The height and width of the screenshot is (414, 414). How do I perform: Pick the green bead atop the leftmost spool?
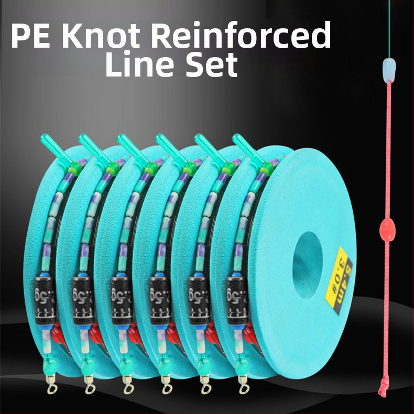(x=72, y=167)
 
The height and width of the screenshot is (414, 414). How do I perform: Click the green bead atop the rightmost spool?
(x=266, y=167)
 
